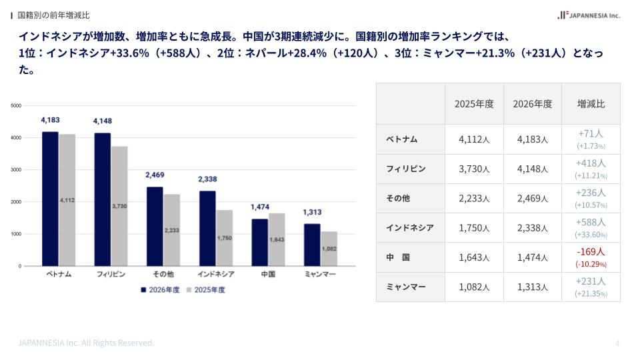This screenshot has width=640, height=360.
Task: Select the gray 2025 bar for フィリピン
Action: click(x=119, y=206)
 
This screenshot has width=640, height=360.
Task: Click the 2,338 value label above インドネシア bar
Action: click(x=208, y=179)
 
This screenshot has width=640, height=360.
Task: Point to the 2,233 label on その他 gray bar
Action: click(x=171, y=230)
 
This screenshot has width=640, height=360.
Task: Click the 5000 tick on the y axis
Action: click(x=16, y=105)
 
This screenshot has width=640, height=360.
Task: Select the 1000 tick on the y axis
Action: click(x=16, y=234)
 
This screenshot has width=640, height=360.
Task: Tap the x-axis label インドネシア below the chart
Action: click(x=215, y=274)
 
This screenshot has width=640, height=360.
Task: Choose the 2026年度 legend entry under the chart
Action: click(x=159, y=290)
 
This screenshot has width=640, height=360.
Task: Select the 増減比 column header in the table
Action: click(x=591, y=104)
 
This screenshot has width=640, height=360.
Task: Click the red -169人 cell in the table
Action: click(x=591, y=252)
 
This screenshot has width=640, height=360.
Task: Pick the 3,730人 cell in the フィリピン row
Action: click(x=474, y=169)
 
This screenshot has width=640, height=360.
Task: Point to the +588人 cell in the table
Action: click(x=591, y=223)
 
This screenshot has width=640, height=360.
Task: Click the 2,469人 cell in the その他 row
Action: click(x=532, y=198)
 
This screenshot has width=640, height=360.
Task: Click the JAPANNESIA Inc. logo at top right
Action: click(x=589, y=15)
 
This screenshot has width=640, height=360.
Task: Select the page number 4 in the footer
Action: click(x=617, y=343)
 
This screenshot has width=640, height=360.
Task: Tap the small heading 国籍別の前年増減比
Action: click(x=53, y=15)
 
